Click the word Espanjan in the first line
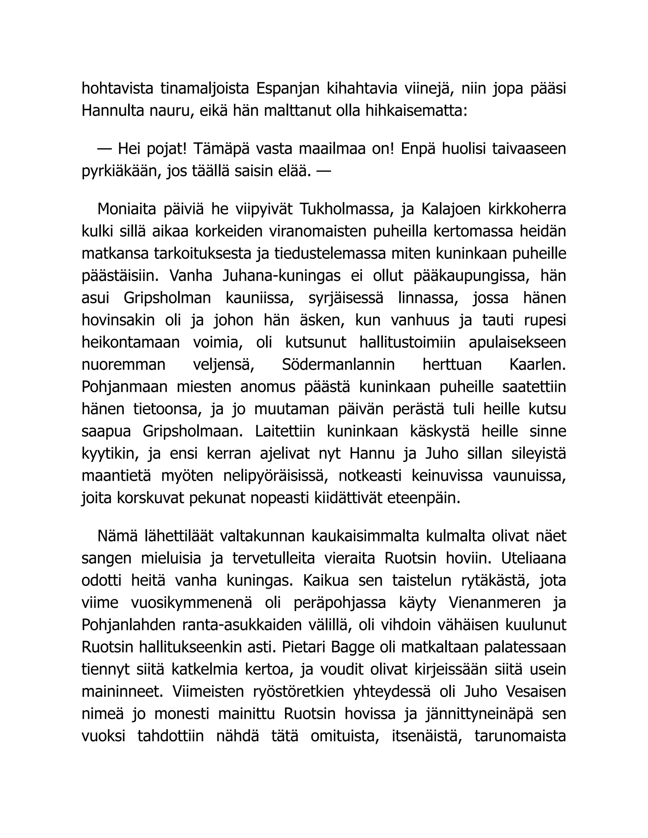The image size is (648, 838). pyautogui.click(x=288, y=89)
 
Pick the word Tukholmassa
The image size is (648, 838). pyautogui.click(x=346, y=209)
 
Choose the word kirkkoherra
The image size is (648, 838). pyautogui.click(x=527, y=209)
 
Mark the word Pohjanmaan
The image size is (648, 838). pyautogui.click(x=124, y=387)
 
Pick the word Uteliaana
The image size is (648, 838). pyautogui.click(x=533, y=558)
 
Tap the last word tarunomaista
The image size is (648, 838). pyautogui.click(x=520, y=736)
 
